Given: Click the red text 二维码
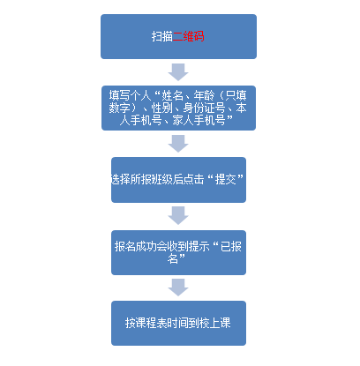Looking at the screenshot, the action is click(188, 36).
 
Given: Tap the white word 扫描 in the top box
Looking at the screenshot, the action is click(162, 36).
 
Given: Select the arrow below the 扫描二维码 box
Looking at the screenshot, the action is click(178, 72).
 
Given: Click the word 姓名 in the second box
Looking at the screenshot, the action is click(172, 95).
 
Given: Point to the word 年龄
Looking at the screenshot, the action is click(204, 95).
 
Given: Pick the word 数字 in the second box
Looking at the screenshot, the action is click(119, 108).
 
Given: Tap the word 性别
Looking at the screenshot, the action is click(161, 108).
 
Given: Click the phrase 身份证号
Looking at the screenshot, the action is click(204, 108).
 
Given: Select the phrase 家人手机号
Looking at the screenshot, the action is click(199, 120).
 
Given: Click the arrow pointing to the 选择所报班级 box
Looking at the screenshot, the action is click(178, 144).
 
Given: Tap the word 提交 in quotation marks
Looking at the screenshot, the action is click(225, 179).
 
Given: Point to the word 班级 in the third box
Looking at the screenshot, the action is click(162, 179).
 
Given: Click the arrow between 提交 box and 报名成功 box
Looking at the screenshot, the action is click(178, 215).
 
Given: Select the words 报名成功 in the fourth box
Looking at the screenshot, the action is click(135, 246).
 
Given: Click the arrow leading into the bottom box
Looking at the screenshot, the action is click(178, 288).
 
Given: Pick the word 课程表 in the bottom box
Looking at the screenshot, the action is click(152, 323).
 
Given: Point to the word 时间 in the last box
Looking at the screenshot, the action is click(178, 323).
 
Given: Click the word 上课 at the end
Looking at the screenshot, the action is click(220, 323).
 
